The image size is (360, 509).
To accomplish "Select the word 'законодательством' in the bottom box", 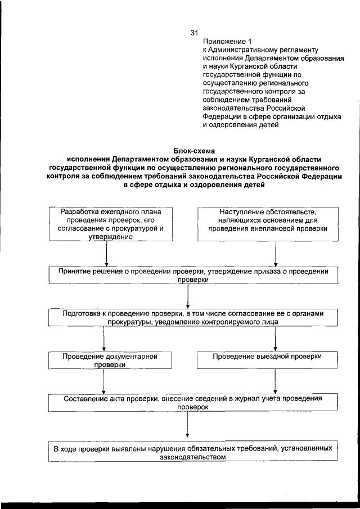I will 193,457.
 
